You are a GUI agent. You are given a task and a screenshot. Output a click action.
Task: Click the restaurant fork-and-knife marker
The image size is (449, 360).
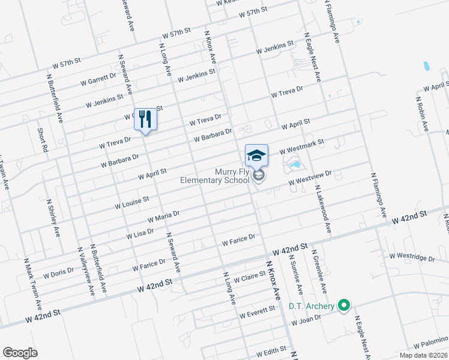pyautogui.click(x=145, y=118)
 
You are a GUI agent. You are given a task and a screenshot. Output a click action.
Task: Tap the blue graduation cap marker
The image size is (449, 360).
pyautogui.click(x=256, y=155)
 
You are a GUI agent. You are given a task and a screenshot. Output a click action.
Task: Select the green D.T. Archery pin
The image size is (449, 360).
pyautogui.click(x=344, y=306)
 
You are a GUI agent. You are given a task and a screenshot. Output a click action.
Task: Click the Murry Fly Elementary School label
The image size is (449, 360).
pyautogui.click(x=214, y=176)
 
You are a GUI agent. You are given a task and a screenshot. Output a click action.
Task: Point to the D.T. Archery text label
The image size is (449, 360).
pyautogui.click(x=311, y=307)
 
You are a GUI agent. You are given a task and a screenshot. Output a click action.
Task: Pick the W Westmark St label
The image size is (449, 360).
pyautogui.click(x=302, y=146)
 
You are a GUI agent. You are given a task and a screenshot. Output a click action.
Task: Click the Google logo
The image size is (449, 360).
pyautogui.click(x=20, y=352)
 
